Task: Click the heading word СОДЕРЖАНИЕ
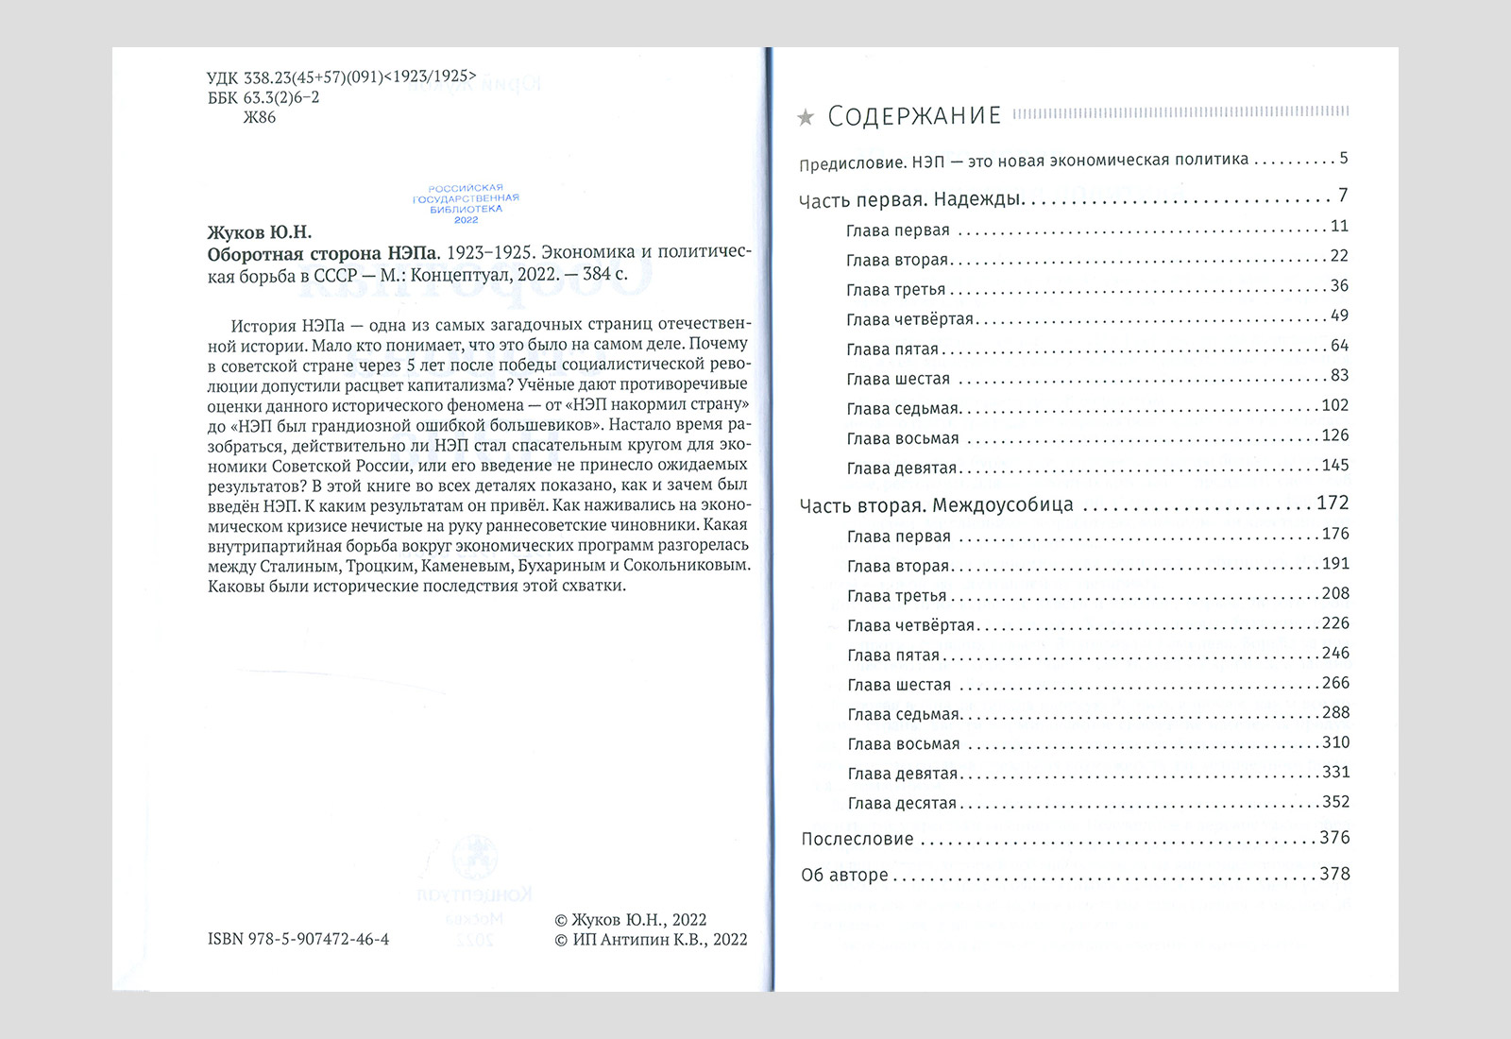coord(913,116)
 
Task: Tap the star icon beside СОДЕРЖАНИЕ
coord(806,118)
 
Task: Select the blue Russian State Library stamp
coord(467,204)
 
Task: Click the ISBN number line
coord(298,939)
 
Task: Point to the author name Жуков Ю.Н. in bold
coord(259,232)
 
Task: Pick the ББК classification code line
coord(263,97)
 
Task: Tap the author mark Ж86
coord(260,117)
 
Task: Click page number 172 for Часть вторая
coord(1333,503)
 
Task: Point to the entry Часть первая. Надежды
coord(911,200)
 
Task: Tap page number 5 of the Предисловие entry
coord(1343,158)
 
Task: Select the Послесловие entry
coord(857,839)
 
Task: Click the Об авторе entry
coord(844,875)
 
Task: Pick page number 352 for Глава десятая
coord(1335,802)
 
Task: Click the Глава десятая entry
coord(902,804)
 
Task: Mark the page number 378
coord(1334,874)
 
